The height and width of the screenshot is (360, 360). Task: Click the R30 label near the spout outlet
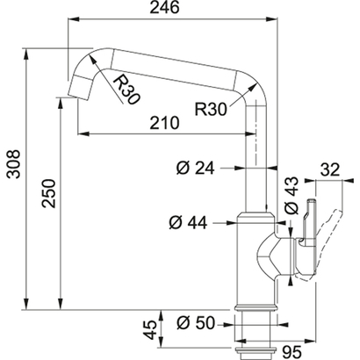pos(126,88)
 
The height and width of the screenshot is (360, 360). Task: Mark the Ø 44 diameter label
pos(188,223)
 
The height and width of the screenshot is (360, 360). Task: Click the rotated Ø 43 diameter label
pos(292,194)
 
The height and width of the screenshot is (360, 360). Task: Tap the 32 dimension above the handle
pos(330,170)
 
